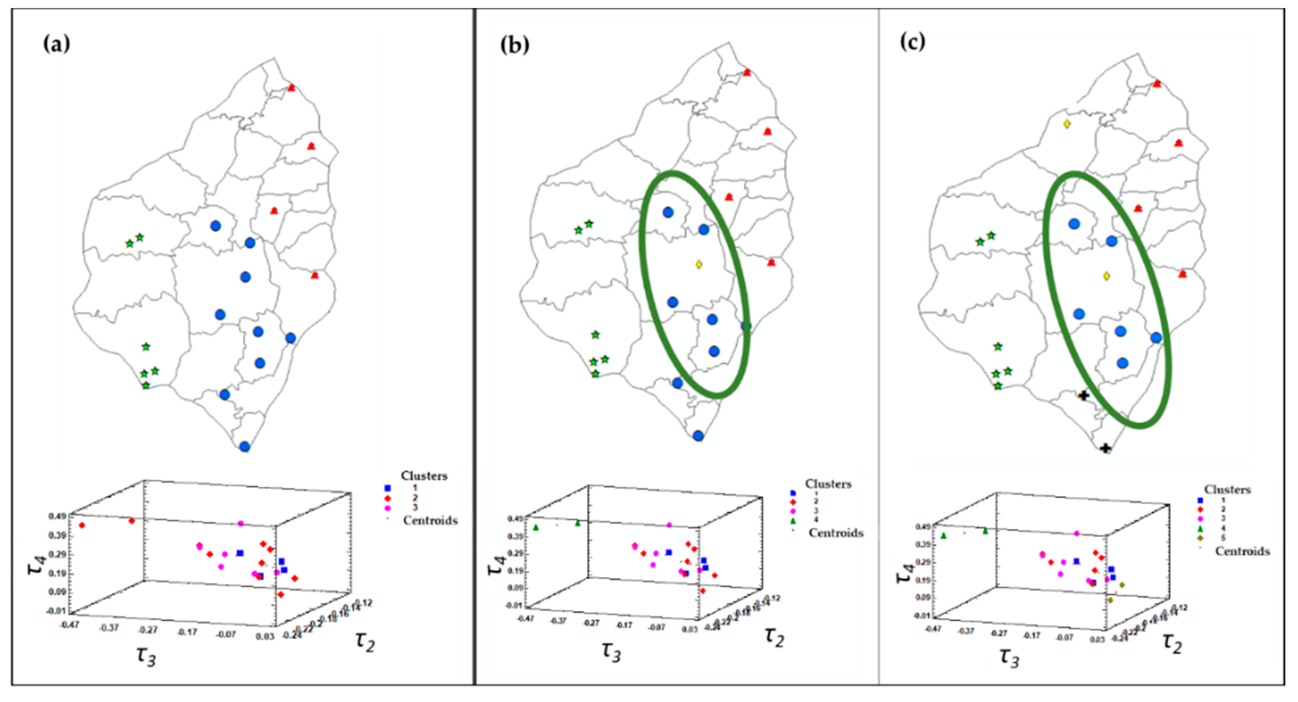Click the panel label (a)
pyautogui.click(x=56, y=44)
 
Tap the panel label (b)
pyautogui.click(x=514, y=46)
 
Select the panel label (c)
pyautogui.click(x=912, y=42)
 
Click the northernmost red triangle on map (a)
pyautogui.click(x=291, y=88)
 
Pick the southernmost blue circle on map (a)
pyautogui.click(x=245, y=447)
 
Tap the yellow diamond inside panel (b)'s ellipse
pyautogui.click(x=698, y=264)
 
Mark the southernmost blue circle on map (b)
pyautogui.click(x=698, y=436)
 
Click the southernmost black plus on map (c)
pyautogui.click(x=1105, y=448)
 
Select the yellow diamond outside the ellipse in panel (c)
pyautogui.click(x=1067, y=124)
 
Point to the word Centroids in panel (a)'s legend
pyautogui.click(x=430, y=521)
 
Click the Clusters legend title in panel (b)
pyautogui.click(x=828, y=484)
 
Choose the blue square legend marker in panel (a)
pyautogui.click(x=388, y=488)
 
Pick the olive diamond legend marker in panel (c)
pyautogui.click(x=1201, y=538)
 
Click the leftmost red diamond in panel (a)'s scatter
pyautogui.click(x=82, y=526)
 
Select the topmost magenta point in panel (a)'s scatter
pyautogui.click(x=240, y=524)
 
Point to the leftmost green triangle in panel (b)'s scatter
pyautogui.click(x=536, y=527)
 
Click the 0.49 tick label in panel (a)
pyautogui.click(x=58, y=516)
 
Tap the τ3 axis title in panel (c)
pyautogui.click(x=1009, y=658)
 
